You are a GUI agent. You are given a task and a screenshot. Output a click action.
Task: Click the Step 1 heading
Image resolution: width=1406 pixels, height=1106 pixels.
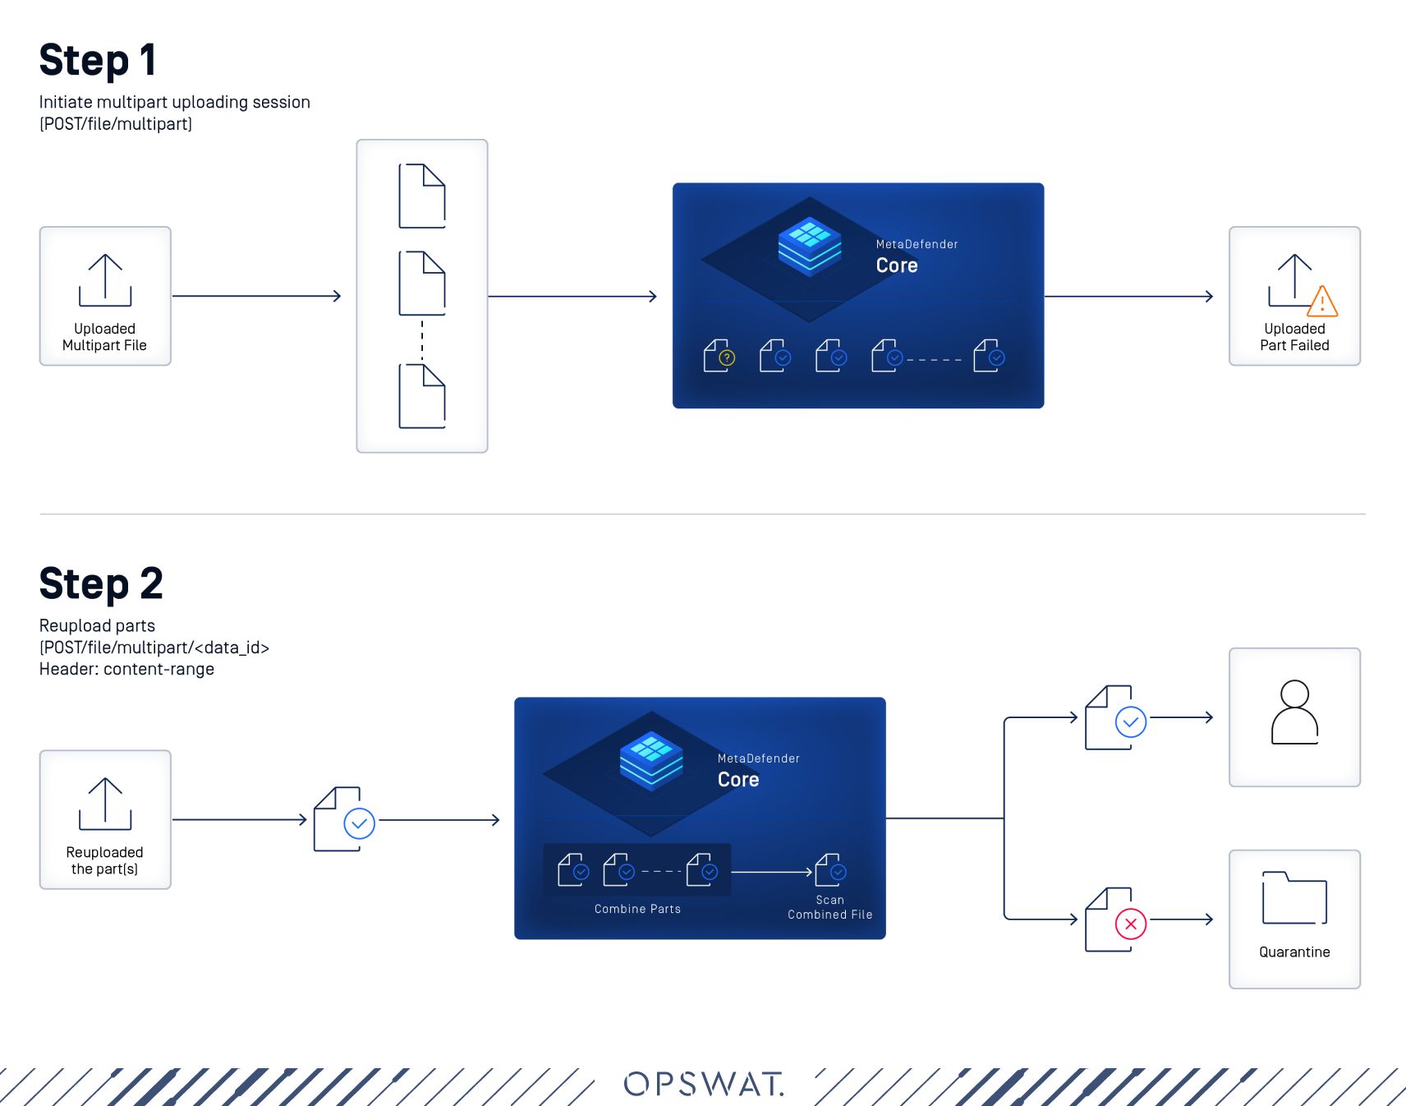point(98,61)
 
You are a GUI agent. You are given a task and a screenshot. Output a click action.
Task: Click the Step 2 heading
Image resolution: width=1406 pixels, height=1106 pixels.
point(101,584)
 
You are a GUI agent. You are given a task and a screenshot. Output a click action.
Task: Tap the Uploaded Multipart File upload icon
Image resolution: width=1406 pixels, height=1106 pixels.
point(105,280)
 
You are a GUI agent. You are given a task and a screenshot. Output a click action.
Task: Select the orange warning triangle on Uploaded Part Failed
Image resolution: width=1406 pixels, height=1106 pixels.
point(1322,302)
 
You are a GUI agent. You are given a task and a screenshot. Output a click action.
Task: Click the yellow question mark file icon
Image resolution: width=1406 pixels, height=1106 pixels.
point(719,356)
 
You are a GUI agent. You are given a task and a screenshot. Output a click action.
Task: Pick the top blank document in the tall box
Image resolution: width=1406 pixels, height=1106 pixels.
point(422,196)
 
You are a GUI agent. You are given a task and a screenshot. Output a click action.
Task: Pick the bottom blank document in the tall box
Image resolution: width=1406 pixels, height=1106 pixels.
point(422,397)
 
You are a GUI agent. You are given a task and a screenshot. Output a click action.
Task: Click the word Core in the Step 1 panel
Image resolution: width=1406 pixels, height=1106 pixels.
point(897,265)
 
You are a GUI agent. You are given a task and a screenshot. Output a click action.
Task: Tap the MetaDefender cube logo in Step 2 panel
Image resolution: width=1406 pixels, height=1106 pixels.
point(651,760)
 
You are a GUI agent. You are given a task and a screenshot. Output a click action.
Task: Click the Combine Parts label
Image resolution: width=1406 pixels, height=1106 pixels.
point(637,909)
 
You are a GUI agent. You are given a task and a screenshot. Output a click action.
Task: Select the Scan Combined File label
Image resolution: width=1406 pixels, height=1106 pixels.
point(829,907)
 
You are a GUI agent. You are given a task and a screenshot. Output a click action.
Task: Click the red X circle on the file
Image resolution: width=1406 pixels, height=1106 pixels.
point(1131,924)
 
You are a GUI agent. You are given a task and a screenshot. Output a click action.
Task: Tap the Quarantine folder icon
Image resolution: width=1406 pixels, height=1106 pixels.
point(1294,899)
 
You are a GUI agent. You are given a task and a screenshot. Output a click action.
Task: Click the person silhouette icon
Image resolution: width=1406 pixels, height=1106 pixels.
point(1294,712)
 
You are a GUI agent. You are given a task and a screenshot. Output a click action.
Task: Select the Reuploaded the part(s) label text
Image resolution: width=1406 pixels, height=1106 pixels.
point(104,860)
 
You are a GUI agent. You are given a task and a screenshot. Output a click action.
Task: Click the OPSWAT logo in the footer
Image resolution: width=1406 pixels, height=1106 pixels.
point(704,1084)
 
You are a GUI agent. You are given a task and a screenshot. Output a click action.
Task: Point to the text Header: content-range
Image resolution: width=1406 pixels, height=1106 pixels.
point(126,669)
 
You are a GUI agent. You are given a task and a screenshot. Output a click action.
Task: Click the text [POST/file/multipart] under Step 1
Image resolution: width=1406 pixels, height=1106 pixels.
point(116,124)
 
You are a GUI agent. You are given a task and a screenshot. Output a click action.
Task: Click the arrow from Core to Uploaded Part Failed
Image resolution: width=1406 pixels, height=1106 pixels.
point(1129,296)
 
